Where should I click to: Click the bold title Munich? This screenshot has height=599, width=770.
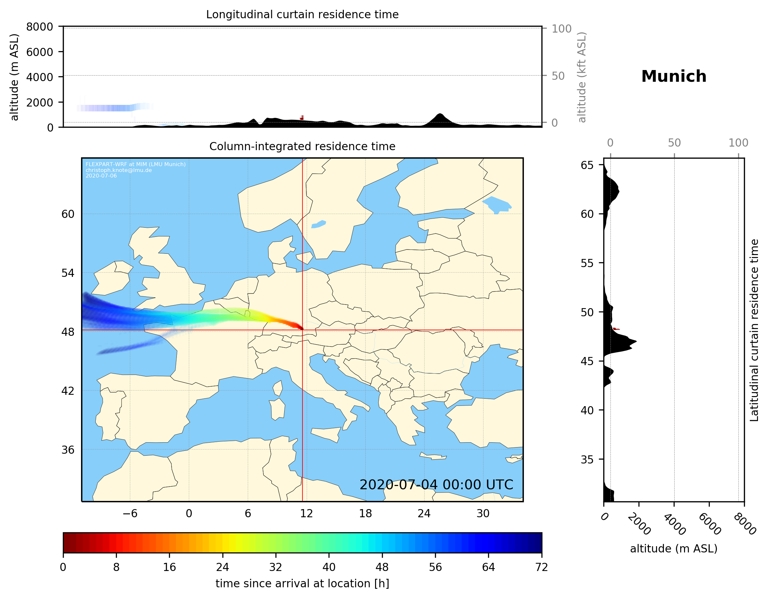point(673,77)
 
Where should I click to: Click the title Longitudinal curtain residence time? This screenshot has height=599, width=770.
point(302,14)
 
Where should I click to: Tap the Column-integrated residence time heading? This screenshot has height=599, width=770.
point(302,146)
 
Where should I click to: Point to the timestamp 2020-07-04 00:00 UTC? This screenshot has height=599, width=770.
point(436,485)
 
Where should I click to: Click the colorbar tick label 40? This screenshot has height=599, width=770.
point(329,567)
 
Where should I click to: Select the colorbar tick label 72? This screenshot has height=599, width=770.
point(541,567)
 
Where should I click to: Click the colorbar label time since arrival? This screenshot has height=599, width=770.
point(302,583)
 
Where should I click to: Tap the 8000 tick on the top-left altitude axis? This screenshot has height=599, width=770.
point(39,27)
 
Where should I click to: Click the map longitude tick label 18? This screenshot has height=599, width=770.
point(365,513)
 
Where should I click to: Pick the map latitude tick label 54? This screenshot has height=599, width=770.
point(68,273)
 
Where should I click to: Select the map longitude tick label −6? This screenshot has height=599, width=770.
point(130,513)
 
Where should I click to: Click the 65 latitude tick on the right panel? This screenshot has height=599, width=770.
point(587,165)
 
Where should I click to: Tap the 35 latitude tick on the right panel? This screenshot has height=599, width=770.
point(587,459)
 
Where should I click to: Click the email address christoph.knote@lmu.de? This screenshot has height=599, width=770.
point(119,170)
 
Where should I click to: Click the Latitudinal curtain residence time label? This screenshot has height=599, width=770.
point(754,330)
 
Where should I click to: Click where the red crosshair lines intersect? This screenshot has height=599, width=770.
point(302,330)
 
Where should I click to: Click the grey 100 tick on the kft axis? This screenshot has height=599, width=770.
point(561,29)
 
